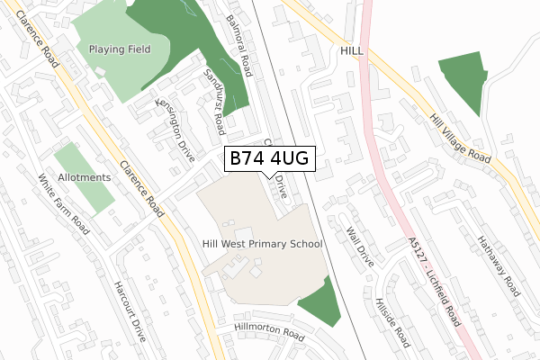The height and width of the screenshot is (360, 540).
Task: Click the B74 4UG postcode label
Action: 268,158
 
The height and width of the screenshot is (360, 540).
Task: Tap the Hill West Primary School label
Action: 262,244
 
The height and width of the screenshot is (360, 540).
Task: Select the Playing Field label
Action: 120,49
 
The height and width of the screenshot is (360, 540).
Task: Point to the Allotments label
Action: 83,178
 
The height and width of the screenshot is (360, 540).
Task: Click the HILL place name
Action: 352,52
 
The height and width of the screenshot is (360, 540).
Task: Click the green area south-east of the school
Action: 321,301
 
